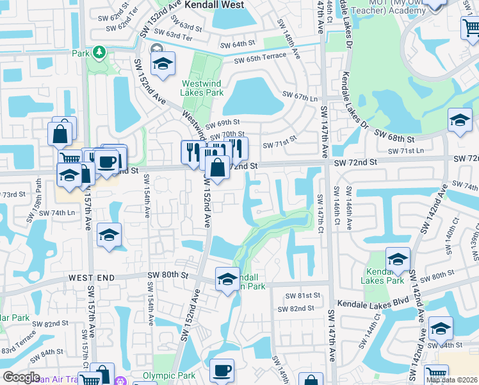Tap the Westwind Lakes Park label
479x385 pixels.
pos(203,88)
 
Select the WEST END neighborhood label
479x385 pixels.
pos(91,277)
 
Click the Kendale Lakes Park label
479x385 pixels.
pos(382,276)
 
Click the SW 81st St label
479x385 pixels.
pos(304,295)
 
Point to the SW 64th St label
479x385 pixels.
pos(238,45)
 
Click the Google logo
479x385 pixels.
pos(21,377)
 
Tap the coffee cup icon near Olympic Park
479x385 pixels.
pos(222,371)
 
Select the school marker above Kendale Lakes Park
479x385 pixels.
pos(398,259)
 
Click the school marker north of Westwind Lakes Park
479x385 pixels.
pos(163,64)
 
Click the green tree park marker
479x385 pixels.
pos(99,51)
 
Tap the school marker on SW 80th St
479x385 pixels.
pos(227,279)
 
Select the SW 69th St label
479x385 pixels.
pos(223,123)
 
